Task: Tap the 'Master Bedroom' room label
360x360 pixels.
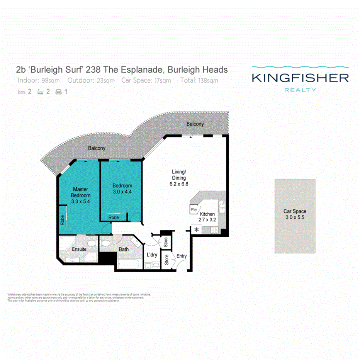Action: (80, 192)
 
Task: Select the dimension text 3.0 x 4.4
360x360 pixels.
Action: (122, 192)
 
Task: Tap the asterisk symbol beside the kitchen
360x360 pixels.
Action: (196, 230)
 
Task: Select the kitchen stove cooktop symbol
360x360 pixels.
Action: (214, 230)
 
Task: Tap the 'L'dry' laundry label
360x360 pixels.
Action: (151, 255)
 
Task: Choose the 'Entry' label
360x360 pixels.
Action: (182, 256)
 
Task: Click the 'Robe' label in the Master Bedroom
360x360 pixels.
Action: (62, 220)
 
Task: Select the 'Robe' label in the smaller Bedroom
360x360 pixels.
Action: (114, 218)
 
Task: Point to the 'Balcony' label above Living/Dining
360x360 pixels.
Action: (195, 124)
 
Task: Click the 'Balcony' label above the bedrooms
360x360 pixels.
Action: (96, 148)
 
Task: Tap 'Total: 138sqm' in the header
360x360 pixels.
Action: (199, 81)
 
